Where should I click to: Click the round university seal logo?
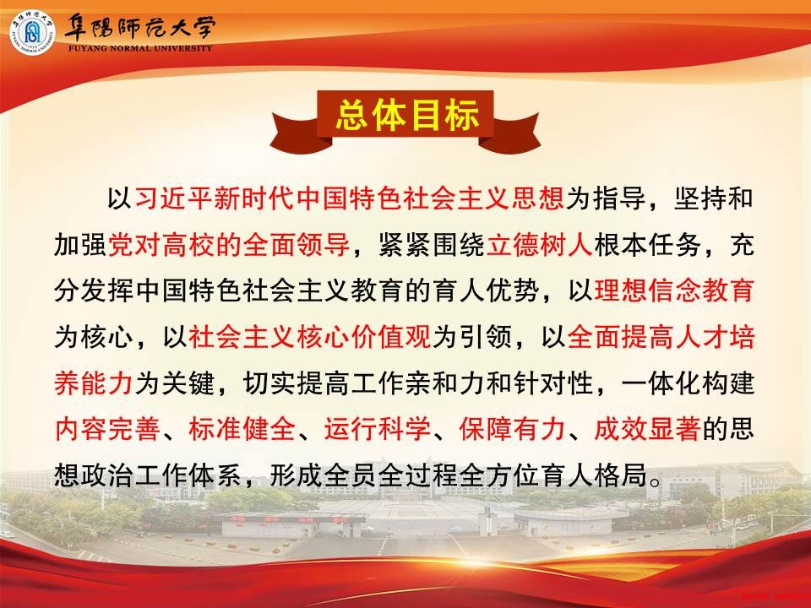click(32, 32)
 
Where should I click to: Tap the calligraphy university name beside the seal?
click(139, 26)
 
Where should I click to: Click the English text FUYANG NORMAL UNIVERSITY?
click(140, 49)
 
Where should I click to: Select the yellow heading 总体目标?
click(407, 115)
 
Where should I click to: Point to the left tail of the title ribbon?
click(293, 133)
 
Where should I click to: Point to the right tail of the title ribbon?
click(516, 133)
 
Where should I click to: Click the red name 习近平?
click(174, 198)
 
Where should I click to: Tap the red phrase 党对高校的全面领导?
click(228, 244)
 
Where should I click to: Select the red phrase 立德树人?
click(540, 244)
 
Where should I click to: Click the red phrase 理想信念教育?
click(674, 290)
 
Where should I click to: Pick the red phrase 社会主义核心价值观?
click(309, 337)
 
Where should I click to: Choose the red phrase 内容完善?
click(107, 429)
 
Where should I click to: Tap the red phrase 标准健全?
click(242, 429)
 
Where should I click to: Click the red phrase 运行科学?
click(377, 429)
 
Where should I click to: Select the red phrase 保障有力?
click(512, 429)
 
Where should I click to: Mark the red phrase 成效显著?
click(647, 429)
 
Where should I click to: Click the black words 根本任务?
click(647, 244)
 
